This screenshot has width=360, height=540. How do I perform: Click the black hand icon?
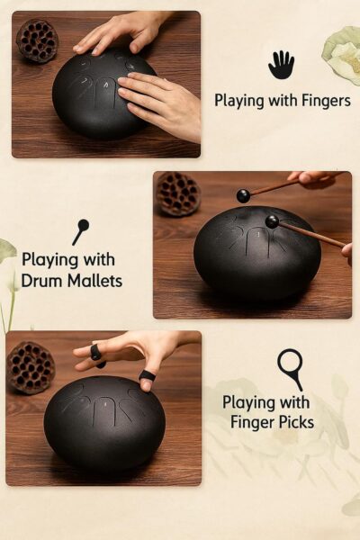coord(281,65)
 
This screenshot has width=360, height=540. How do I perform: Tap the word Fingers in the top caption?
coord(326,101)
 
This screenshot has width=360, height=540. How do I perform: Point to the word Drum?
coord(42,281)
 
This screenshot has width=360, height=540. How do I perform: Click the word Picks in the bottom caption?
coord(294,423)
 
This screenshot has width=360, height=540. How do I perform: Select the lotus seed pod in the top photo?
coord(37,41)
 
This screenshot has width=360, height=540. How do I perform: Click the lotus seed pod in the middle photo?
coord(177,193)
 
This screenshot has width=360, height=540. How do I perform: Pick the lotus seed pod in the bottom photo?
coord(31,368)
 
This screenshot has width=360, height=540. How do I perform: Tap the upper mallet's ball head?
coord(243,196)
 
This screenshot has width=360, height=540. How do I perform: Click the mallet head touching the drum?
coord(272,221)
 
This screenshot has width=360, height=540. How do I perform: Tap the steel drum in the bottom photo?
coord(104,423)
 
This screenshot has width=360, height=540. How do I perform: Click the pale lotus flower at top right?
coord(342,50)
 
